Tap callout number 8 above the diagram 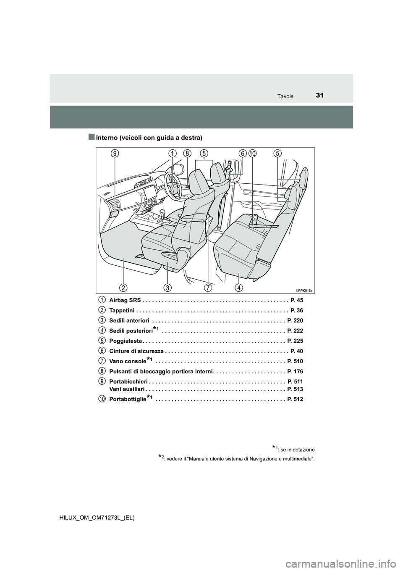(x=187, y=154)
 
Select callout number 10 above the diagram (x=252, y=154)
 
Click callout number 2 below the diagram (x=123, y=288)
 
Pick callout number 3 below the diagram (x=167, y=288)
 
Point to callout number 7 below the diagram (x=208, y=288)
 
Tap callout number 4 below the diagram (x=238, y=288)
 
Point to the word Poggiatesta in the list (x=126, y=341)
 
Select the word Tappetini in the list (x=122, y=310)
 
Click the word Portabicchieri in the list (x=128, y=381)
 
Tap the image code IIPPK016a (x=305, y=290)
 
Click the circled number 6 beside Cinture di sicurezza (x=102, y=351)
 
